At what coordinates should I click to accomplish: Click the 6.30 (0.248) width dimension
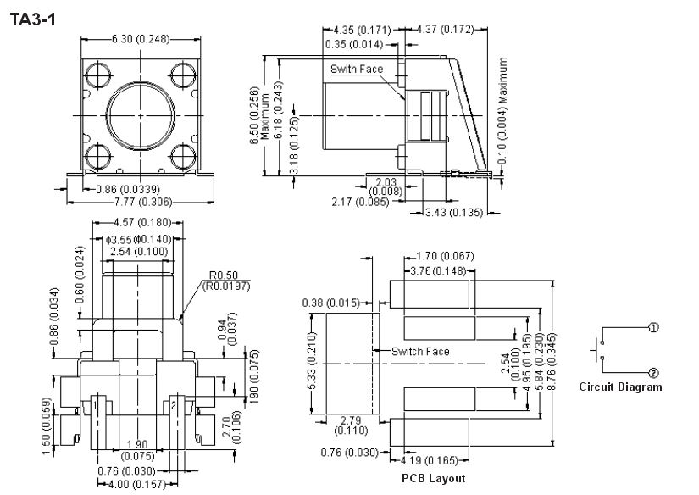[141, 39]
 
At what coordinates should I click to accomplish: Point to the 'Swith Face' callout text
[357, 69]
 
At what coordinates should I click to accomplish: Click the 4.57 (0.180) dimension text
[141, 223]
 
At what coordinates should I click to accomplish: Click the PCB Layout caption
[435, 478]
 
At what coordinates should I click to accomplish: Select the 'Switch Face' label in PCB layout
[420, 351]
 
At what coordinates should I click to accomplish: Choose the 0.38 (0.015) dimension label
[337, 303]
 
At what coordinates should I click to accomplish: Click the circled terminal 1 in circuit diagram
[653, 327]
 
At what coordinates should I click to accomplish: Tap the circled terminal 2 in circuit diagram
[653, 372]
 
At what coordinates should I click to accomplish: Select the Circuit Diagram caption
[620, 387]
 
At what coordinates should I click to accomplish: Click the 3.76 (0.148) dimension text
[437, 271]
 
